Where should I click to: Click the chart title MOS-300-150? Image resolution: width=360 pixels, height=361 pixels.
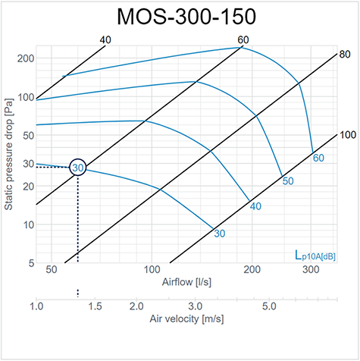(179, 17)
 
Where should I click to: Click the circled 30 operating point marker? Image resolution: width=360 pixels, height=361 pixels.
(77, 168)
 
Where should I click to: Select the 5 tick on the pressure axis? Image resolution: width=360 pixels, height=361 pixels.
(28, 263)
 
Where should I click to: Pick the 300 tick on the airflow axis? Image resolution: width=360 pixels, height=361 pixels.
(311, 270)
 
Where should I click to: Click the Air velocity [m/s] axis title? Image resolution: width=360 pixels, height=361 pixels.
(186, 321)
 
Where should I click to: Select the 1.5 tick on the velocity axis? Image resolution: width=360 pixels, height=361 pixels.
(94, 306)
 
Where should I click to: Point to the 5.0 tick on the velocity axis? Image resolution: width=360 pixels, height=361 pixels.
(269, 306)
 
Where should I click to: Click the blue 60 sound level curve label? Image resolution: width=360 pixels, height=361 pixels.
(318, 158)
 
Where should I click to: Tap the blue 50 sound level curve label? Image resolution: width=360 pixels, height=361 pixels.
(287, 181)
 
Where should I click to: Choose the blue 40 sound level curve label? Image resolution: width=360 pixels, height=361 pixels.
(255, 206)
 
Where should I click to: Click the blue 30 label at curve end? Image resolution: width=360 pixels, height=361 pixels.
(220, 234)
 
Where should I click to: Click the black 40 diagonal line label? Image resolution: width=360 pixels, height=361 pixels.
(105, 39)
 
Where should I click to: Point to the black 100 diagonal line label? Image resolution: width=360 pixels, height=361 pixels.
(347, 135)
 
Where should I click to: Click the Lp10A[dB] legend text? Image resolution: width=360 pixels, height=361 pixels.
(315, 256)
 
